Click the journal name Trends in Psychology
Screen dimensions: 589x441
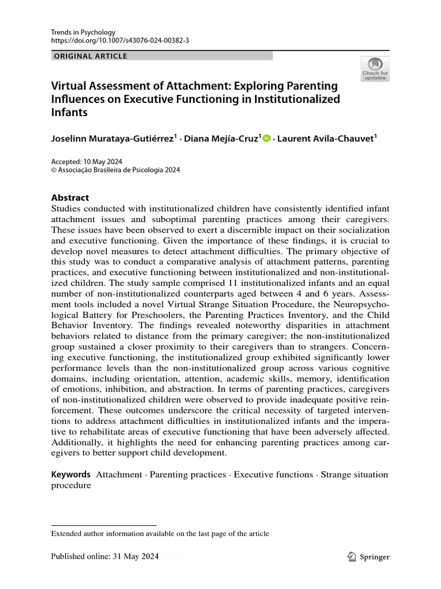click(83, 32)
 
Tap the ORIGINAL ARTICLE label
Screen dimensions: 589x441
click(90, 56)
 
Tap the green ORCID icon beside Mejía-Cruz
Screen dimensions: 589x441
click(266, 139)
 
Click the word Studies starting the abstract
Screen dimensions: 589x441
click(67, 208)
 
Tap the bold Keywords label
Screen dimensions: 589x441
click(71, 475)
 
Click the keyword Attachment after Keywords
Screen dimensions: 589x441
click(119, 475)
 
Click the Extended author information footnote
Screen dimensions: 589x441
click(160, 534)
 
